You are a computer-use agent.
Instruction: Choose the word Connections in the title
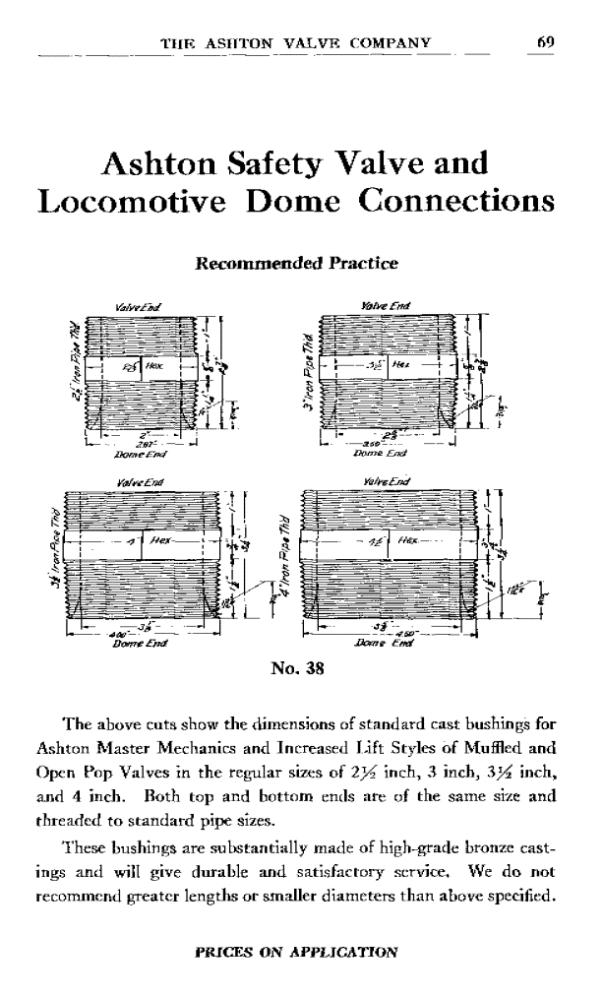pos(452,201)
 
